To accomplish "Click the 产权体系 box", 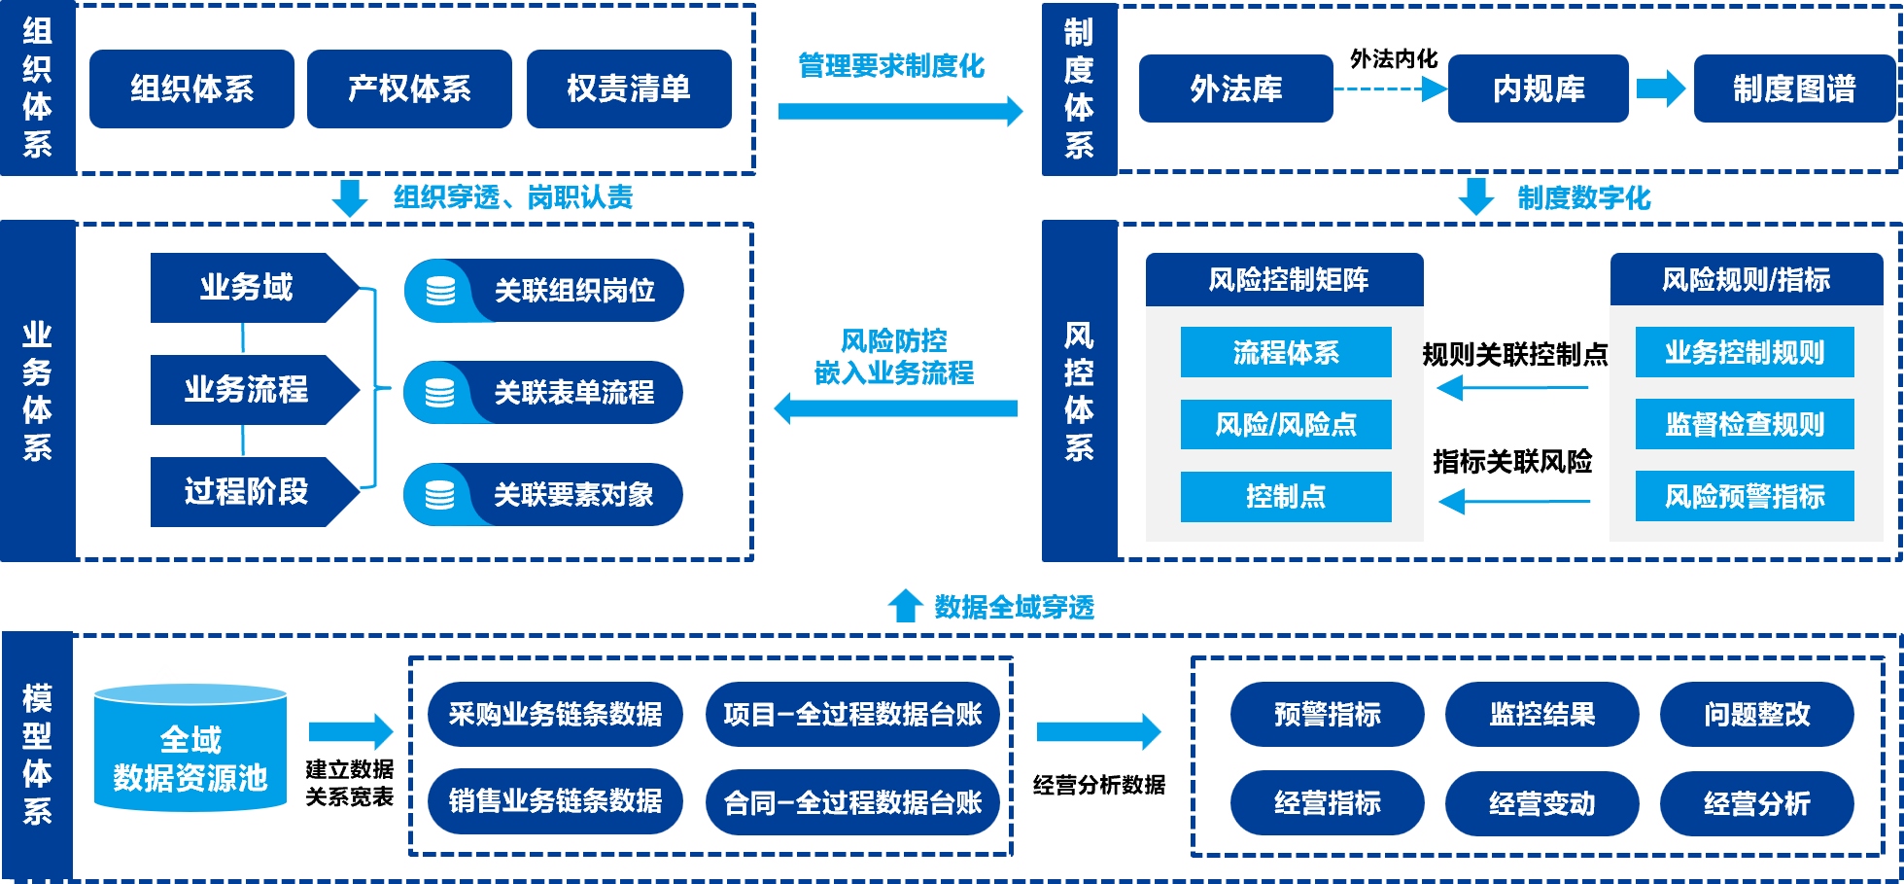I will pyautogui.click(x=409, y=88).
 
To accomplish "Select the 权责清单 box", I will pyautogui.click(x=629, y=88).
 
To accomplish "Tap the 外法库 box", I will pyautogui.click(x=1235, y=88).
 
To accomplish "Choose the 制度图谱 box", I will pyautogui.click(x=1794, y=88).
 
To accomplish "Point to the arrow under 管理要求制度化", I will pyautogui.click(x=900, y=111).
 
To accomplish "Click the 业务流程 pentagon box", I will pyautogui.click(x=249, y=390).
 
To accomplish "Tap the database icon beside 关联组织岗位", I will pyautogui.click(x=441, y=291).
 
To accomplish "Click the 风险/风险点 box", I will pyautogui.click(x=1286, y=424).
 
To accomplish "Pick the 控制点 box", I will pyautogui.click(x=1286, y=496).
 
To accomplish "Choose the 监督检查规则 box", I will pyautogui.click(x=1745, y=424).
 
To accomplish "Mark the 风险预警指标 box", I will pyautogui.click(x=1745, y=496).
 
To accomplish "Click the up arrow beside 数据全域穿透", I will pyautogui.click(x=905, y=605).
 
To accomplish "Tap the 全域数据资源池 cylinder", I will pyautogui.click(x=190, y=749).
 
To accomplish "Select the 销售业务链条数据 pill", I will pyautogui.click(x=555, y=801).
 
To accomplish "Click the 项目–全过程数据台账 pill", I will pyautogui.click(x=852, y=715).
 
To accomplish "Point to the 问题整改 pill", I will pyautogui.click(x=1756, y=715).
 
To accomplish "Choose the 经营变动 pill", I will pyautogui.click(x=1541, y=803).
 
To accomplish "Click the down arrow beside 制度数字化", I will pyautogui.click(x=1476, y=196).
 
